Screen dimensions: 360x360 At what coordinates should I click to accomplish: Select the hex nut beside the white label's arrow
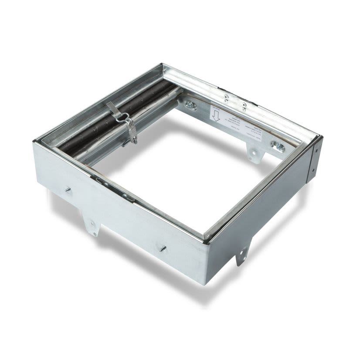pyautogui.click(x=190, y=105)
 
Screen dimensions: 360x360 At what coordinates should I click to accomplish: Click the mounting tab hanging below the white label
pyautogui.click(x=253, y=153)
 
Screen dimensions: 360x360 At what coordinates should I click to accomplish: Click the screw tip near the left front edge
pyautogui.click(x=68, y=190)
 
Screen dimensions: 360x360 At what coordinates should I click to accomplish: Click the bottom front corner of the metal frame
pyautogui.click(x=204, y=283)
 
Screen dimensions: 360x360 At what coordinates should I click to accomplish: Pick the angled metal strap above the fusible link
pyautogui.click(x=113, y=109)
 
